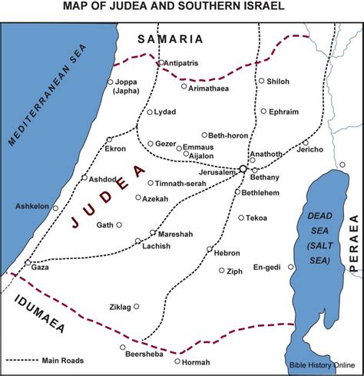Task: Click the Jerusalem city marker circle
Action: (x=243, y=168)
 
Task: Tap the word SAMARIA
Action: (x=170, y=38)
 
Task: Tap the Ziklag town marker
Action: (x=137, y=306)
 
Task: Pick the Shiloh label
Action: (x=279, y=81)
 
